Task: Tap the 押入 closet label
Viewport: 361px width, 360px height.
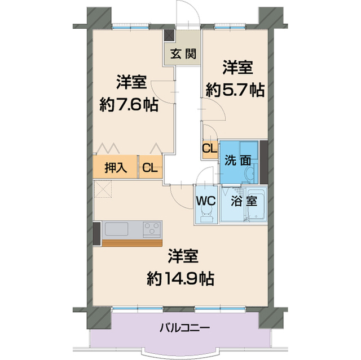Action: click(116, 167)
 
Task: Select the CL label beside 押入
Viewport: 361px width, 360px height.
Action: click(150, 167)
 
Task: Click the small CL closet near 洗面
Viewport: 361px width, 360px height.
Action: click(209, 149)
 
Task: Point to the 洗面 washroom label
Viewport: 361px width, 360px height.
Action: click(237, 159)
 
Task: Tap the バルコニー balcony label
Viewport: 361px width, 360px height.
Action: click(184, 327)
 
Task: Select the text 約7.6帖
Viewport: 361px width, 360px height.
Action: click(129, 104)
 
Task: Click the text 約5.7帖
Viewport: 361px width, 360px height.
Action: click(235, 90)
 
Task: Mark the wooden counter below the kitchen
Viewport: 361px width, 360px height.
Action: click(133, 242)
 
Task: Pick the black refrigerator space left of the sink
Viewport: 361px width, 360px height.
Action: click(96, 233)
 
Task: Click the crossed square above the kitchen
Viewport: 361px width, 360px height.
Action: click(104, 190)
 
